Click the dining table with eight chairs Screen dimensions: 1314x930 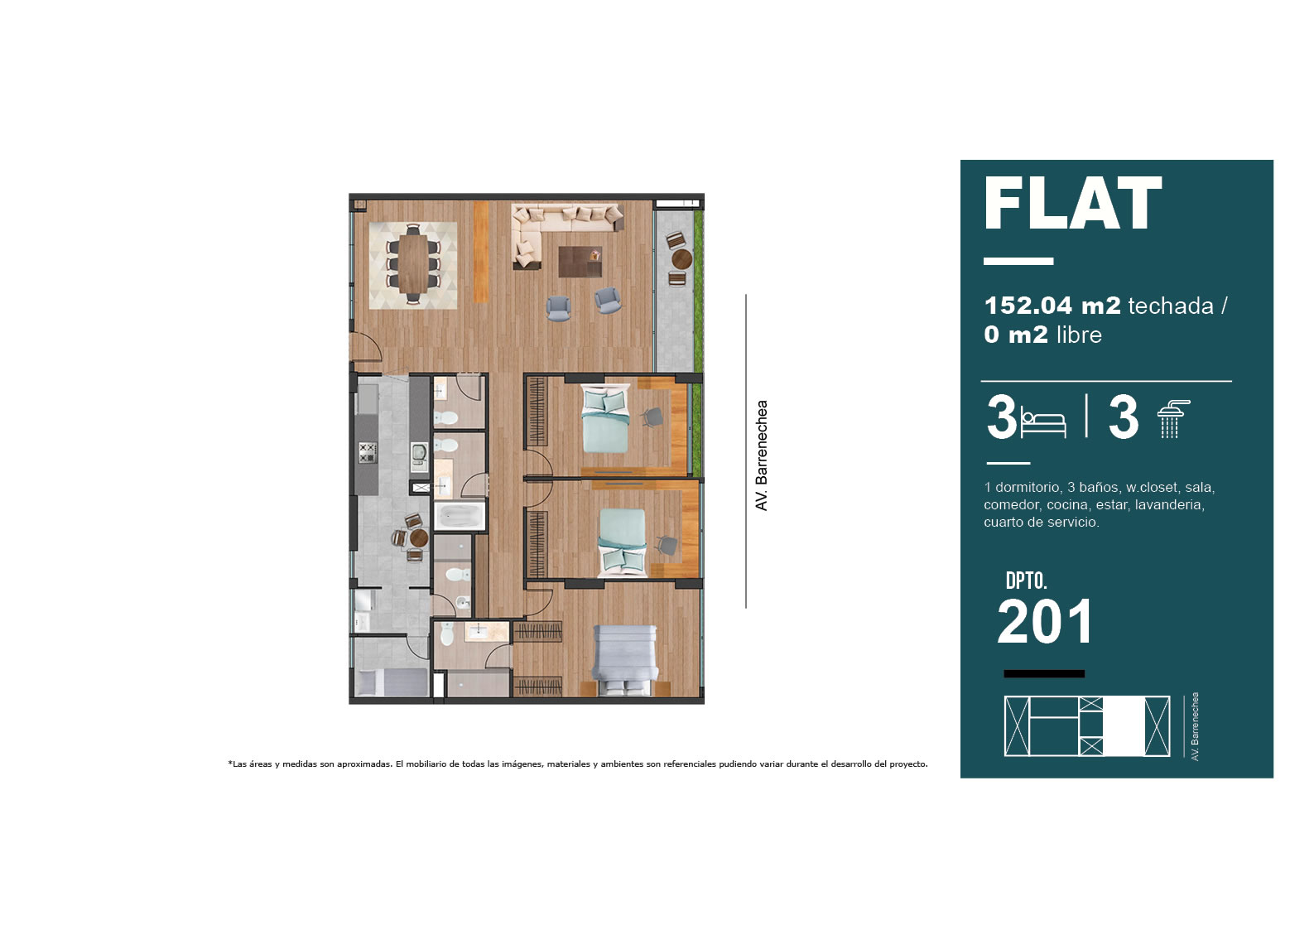[413, 265]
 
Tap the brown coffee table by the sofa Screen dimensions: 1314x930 [580, 262]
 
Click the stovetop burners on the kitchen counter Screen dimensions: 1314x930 [368, 453]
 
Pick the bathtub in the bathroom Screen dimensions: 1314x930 [460, 516]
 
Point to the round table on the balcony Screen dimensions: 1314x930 [681, 258]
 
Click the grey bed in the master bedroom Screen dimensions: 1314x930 [624, 660]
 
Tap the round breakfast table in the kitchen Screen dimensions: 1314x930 [419, 537]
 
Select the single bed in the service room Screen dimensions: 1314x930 [392, 682]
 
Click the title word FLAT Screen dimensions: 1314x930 [1072, 203]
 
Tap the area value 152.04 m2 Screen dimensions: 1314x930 [1052, 306]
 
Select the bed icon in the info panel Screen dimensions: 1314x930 [1043, 422]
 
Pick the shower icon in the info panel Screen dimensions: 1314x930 [1172, 419]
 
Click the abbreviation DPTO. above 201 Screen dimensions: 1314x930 [1027, 581]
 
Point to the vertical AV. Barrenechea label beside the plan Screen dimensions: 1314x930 [762, 455]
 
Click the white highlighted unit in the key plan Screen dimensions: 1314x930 [1124, 725]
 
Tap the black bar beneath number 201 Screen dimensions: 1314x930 [1044, 673]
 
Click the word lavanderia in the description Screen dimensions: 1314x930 [1170, 504]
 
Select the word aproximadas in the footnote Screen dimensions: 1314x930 [363, 764]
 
